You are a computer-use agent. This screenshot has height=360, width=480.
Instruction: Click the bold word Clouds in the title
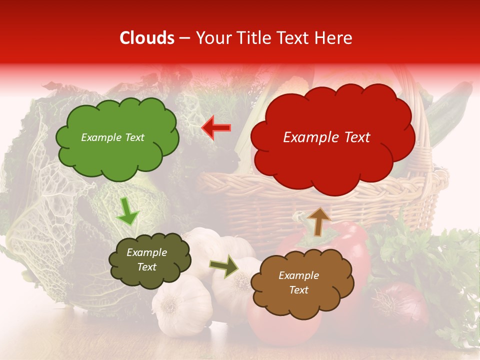(147, 38)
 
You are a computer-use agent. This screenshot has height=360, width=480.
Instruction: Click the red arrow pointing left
(216, 128)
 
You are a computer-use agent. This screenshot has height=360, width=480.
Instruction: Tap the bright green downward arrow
(127, 211)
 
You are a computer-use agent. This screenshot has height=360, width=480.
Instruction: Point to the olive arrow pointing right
(224, 266)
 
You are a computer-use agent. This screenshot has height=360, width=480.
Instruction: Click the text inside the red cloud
(326, 137)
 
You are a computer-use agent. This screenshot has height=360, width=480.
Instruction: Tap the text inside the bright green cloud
(112, 137)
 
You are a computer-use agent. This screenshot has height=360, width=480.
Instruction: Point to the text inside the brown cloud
(298, 282)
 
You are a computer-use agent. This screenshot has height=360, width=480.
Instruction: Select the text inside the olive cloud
(146, 259)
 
